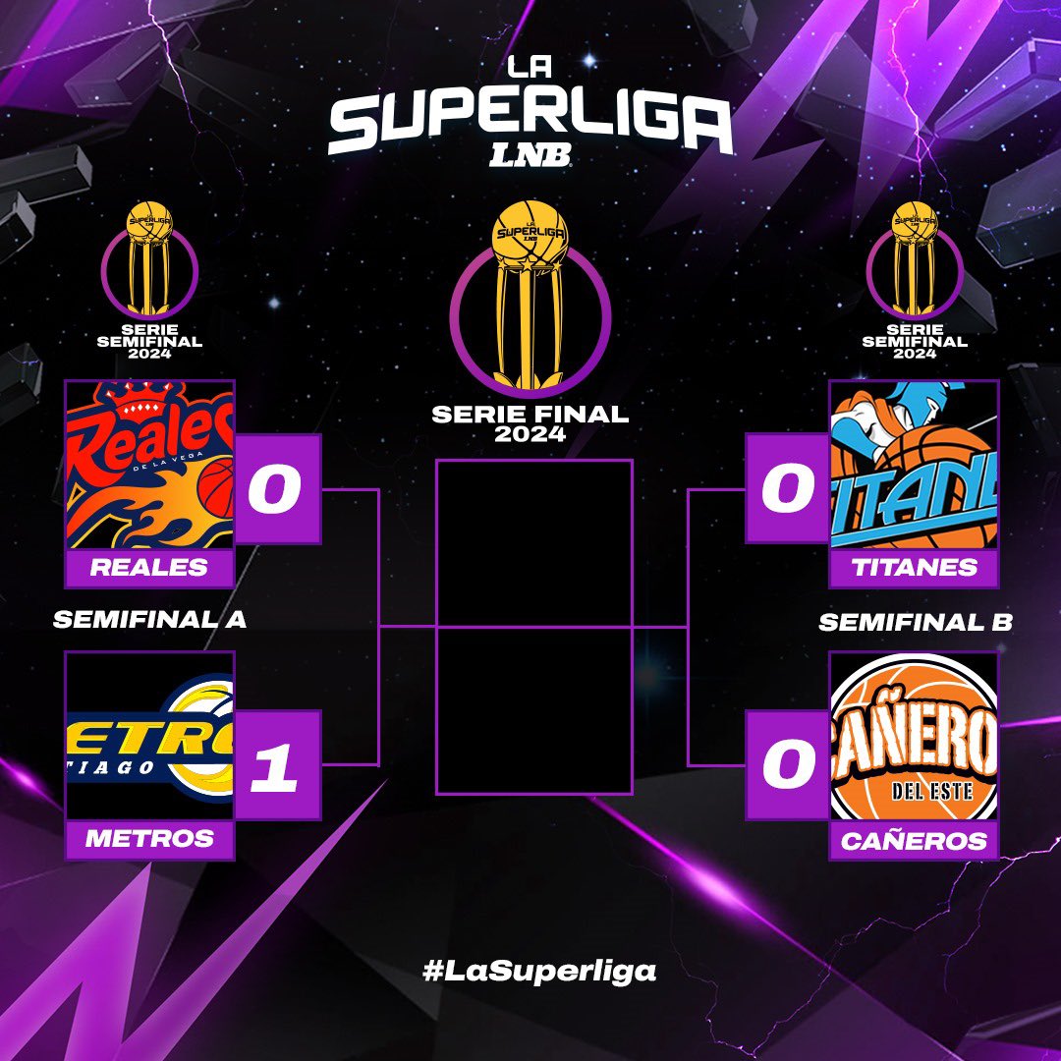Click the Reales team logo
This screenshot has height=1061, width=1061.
coord(149,464)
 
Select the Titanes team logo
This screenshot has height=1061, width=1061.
coord(914,464)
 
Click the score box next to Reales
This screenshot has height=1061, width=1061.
coord(277,489)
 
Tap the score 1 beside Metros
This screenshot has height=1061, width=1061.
coord(277,764)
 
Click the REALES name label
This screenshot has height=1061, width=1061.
coord(149,567)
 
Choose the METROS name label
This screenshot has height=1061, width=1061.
coord(149,839)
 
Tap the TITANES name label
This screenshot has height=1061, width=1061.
coord(914,567)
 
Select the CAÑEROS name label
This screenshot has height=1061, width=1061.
coord(914,841)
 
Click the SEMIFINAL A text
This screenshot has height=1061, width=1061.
coord(149,620)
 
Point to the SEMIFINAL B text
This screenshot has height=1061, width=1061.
coord(915,623)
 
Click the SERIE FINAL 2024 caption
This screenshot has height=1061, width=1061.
coord(530,423)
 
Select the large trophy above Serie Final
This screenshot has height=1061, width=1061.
coord(530,295)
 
